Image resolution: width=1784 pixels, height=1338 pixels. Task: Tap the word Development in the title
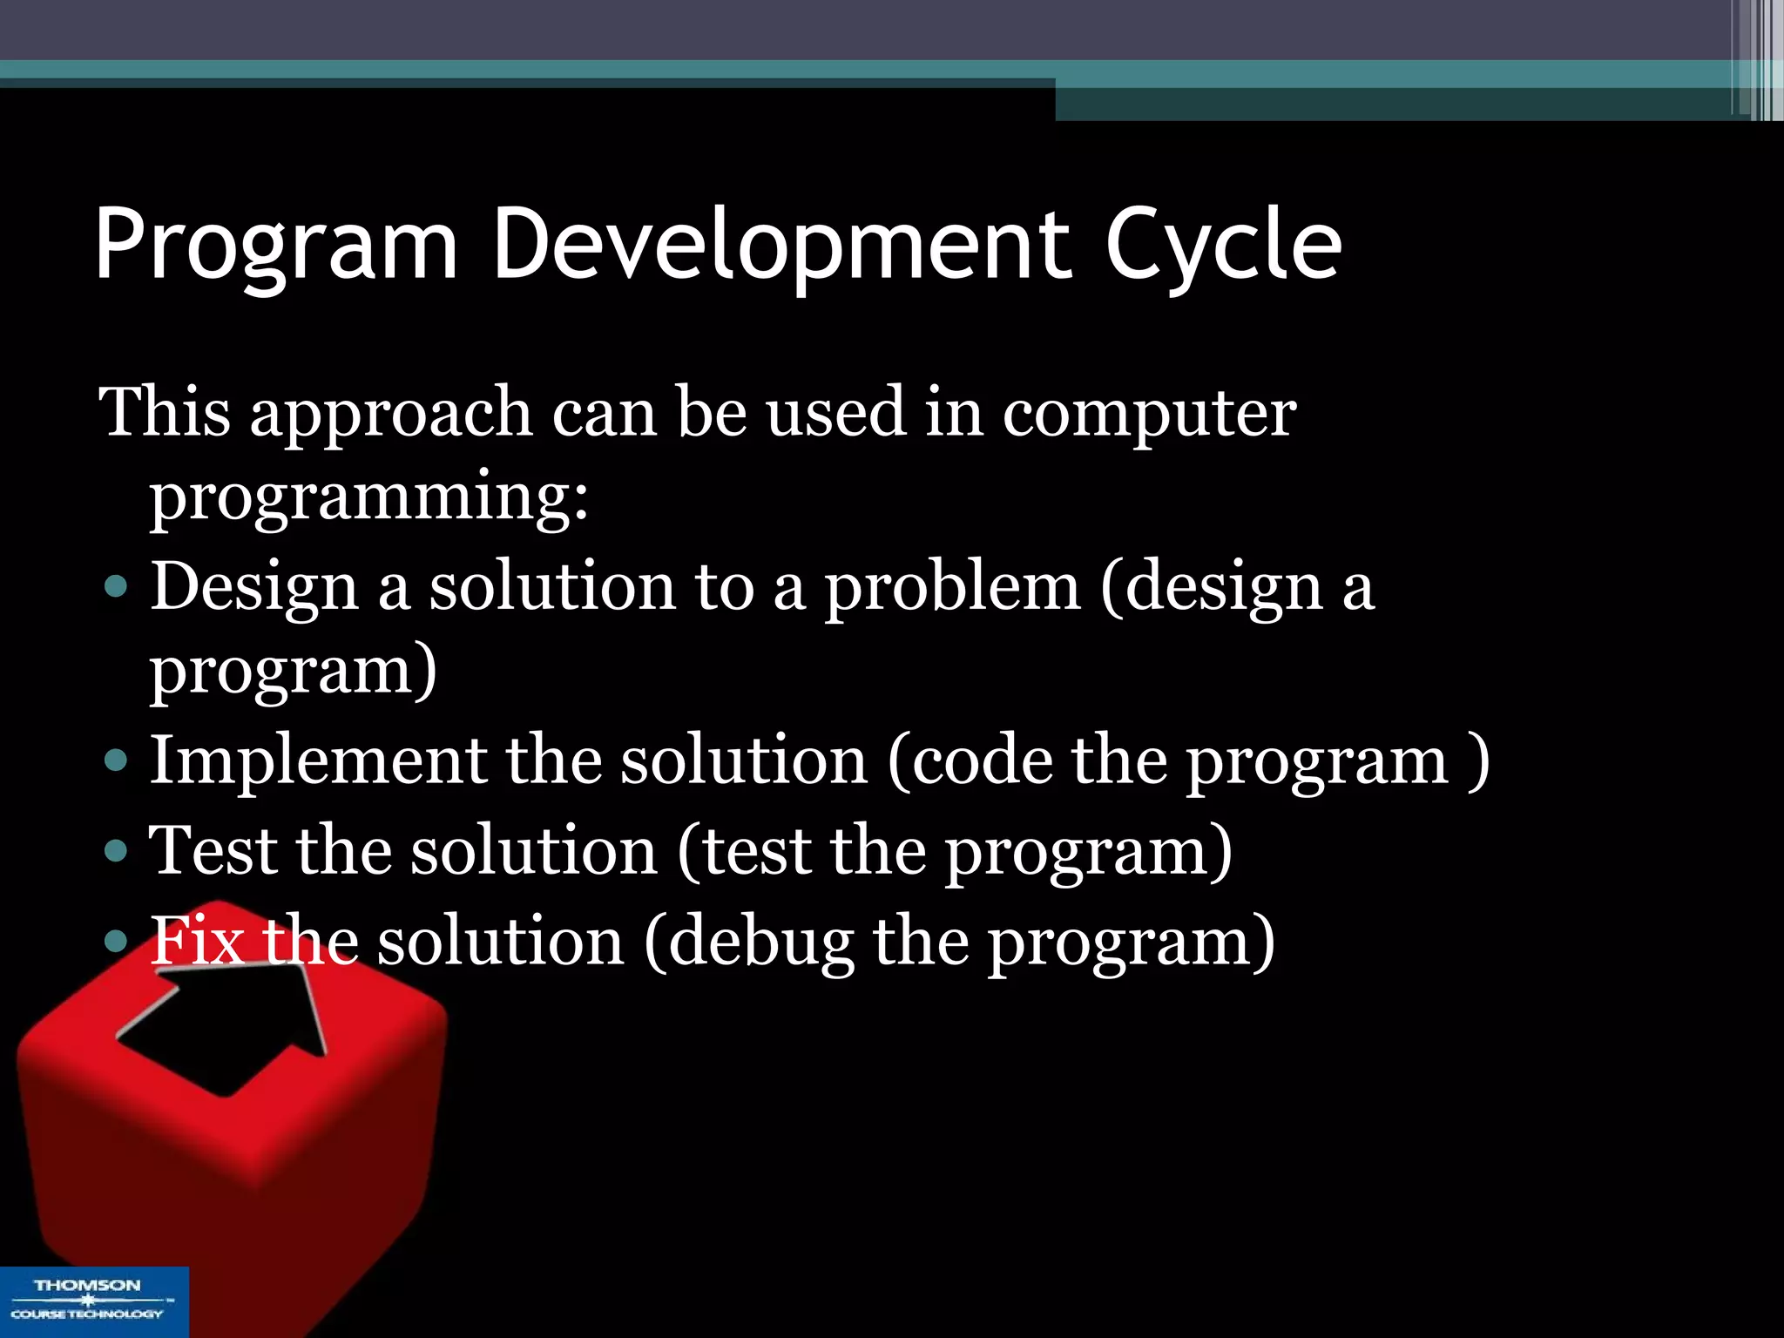(x=781, y=247)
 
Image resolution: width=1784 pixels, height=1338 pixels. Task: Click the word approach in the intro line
(x=391, y=414)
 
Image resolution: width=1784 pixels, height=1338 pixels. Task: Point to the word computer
(x=1149, y=414)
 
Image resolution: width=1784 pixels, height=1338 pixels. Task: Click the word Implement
(x=317, y=760)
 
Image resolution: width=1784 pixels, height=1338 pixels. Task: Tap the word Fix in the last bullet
(x=197, y=941)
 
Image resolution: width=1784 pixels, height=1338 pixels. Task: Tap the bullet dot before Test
(x=115, y=850)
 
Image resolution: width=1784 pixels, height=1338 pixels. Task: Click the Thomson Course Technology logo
(x=93, y=1301)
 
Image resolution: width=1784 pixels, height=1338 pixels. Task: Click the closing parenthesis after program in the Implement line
(x=1477, y=761)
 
